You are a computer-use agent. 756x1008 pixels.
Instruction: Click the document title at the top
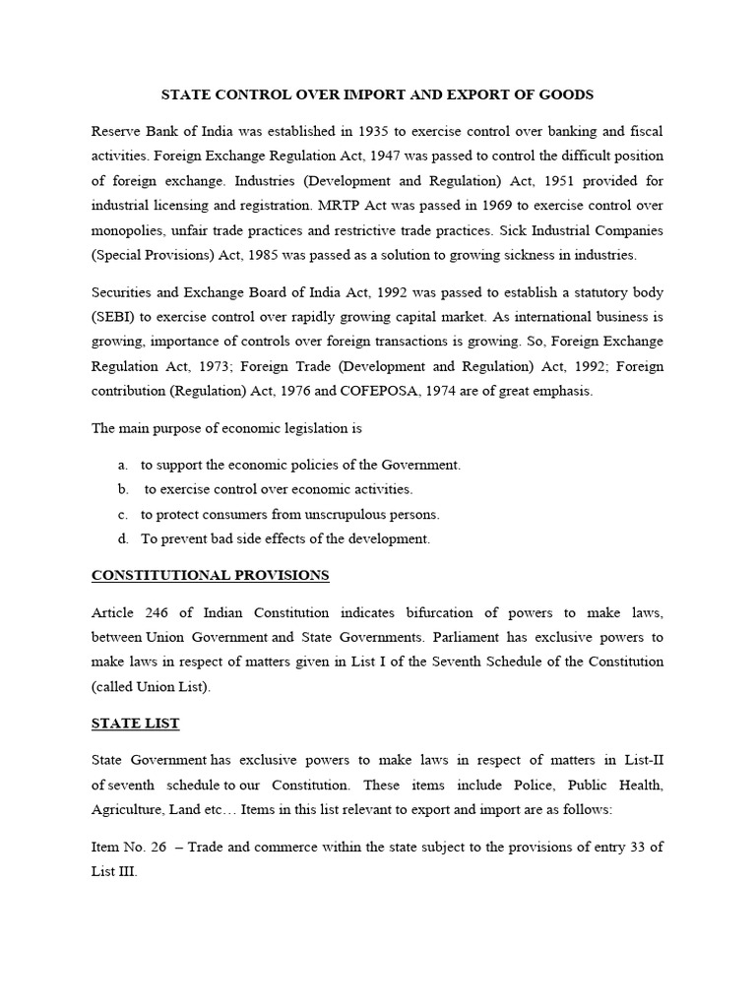pos(378,94)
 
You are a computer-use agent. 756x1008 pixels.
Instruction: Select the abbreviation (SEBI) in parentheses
pos(115,318)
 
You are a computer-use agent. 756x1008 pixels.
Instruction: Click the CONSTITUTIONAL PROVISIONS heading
pos(210,575)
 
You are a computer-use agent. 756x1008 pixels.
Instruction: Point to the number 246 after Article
pos(157,612)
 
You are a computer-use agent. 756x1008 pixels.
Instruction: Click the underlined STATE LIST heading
pos(135,724)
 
